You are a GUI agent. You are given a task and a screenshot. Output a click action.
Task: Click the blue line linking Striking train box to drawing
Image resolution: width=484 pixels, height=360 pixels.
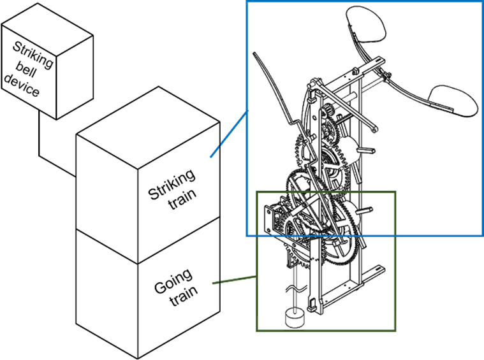coord(229,134)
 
